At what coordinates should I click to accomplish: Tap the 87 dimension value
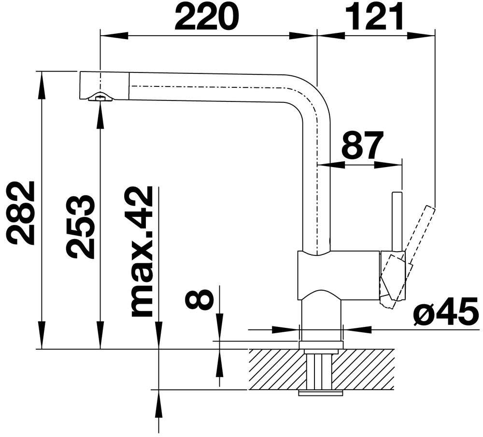362,145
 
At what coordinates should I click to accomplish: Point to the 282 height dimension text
21,213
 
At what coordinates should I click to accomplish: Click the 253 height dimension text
80,226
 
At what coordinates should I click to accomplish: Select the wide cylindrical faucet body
338,275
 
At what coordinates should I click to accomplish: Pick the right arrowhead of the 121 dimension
428,36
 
